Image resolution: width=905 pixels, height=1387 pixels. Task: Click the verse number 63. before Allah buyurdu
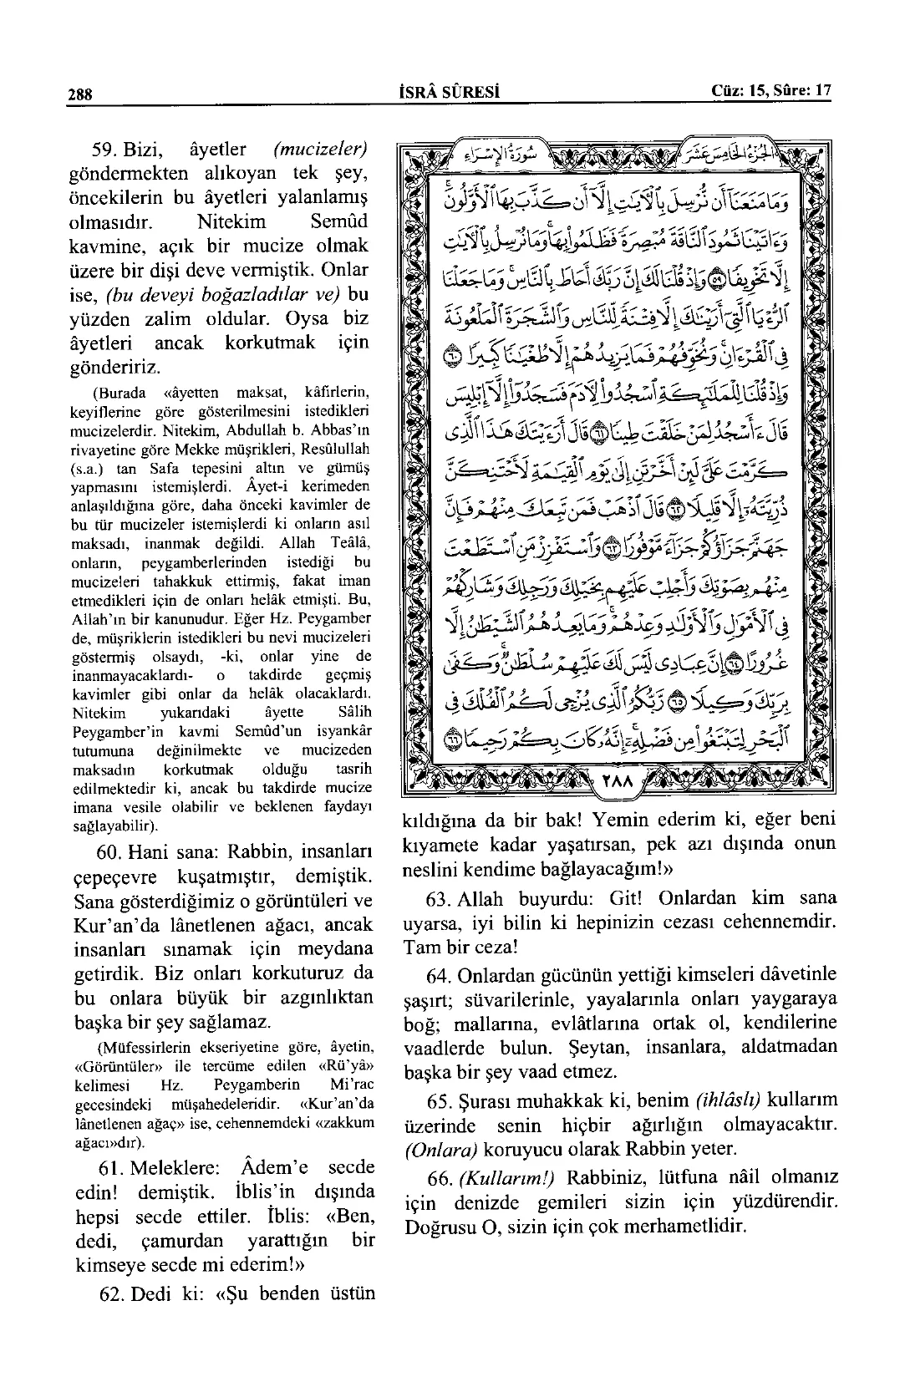click(431, 899)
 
